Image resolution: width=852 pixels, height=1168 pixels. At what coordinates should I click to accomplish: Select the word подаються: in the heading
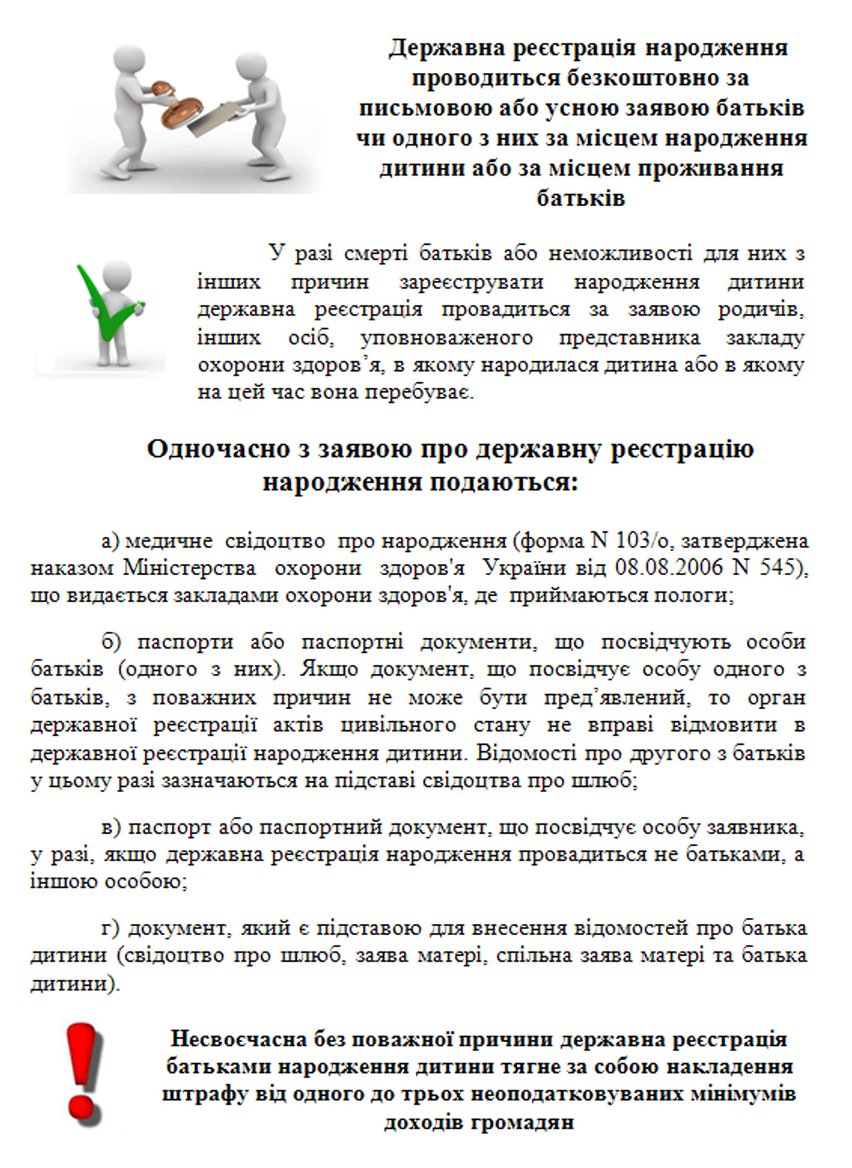(x=505, y=483)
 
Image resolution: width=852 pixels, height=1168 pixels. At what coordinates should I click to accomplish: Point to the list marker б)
(x=111, y=642)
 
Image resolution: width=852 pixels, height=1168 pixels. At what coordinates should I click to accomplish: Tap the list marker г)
(x=110, y=929)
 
